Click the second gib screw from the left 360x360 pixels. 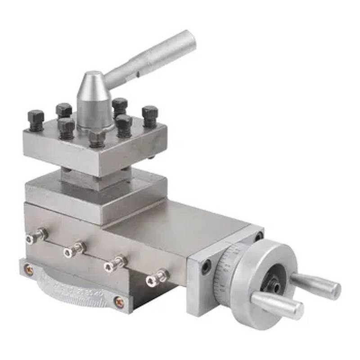pyautogui.click(x=74, y=249)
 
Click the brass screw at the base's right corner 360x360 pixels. pyautogui.click(x=119, y=302)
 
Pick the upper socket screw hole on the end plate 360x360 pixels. pyautogui.click(x=258, y=236)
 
